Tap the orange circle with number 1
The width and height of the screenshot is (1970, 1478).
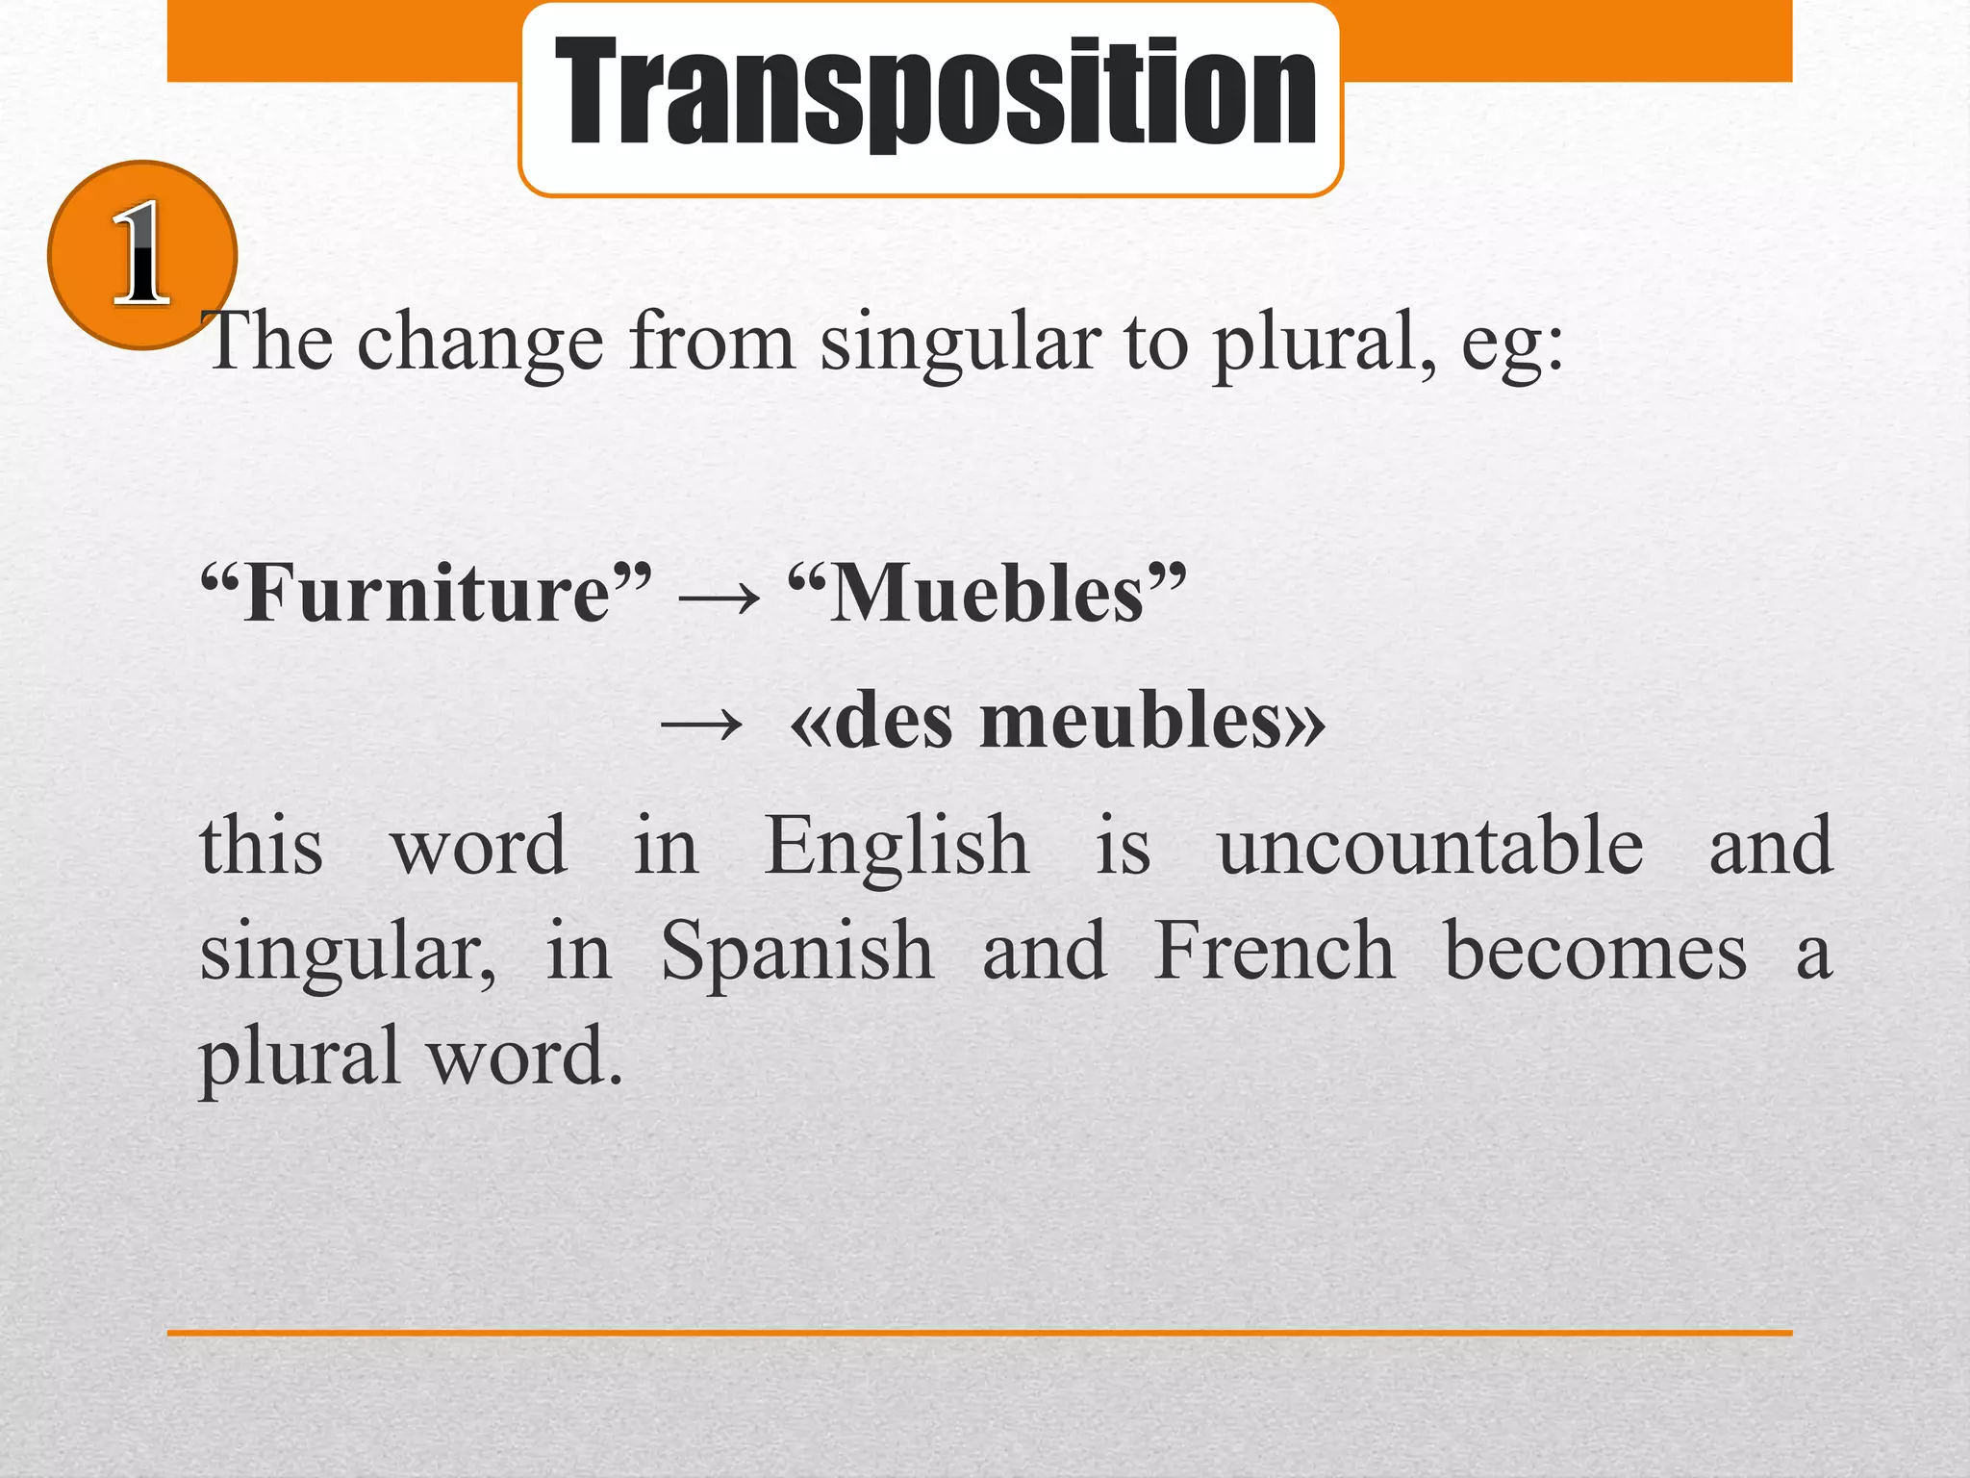pos(141,255)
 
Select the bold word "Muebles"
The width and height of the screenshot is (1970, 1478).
pos(987,594)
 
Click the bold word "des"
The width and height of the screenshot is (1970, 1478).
pos(894,722)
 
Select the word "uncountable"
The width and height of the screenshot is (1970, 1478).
pos(1430,847)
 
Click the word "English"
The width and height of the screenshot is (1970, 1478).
pos(897,847)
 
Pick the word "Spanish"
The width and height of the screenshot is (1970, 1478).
pos(797,952)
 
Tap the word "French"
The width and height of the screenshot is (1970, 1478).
pos(1275,952)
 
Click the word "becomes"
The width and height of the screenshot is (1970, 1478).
pos(1596,952)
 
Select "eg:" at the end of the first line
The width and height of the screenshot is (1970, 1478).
pos(1512,344)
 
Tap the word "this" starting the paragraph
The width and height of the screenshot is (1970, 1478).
pos(261,847)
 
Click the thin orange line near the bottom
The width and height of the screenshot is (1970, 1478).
pos(979,1333)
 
